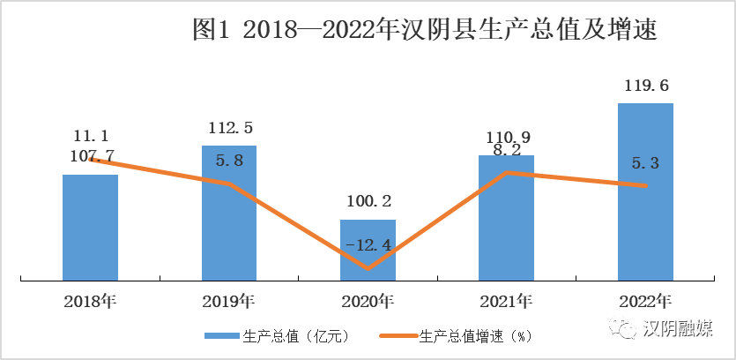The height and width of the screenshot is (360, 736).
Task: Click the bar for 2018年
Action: click(x=90, y=228)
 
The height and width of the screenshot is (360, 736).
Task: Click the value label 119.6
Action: click(x=645, y=86)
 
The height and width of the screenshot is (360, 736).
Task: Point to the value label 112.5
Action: click(x=229, y=128)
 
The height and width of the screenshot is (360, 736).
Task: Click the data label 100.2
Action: click(x=368, y=202)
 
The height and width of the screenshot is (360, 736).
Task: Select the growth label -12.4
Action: click(x=368, y=244)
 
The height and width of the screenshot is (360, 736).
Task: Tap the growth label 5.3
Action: click(x=646, y=162)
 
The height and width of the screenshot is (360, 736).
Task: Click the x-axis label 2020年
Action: click(x=368, y=301)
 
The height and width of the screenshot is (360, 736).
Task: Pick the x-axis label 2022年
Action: click(x=645, y=301)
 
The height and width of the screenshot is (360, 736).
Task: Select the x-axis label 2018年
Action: click(x=90, y=301)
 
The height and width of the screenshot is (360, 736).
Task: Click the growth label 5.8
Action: click(x=229, y=162)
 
